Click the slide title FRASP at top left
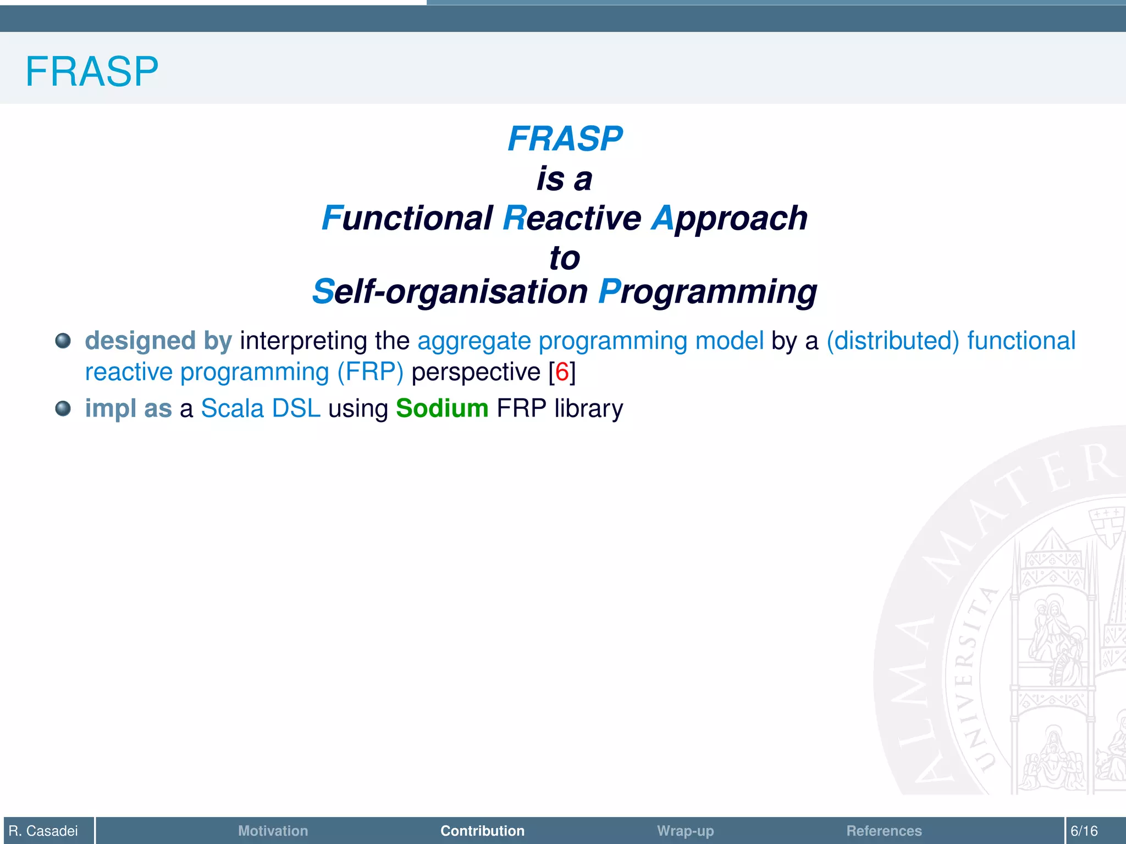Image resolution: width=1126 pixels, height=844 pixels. pos(92,71)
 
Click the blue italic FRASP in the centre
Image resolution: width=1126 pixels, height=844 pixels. pos(565,138)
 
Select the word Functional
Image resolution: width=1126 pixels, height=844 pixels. pos(407,218)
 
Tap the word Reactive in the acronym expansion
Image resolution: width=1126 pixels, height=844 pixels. pos(572,218)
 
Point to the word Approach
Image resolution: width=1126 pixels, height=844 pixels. pos(730,218)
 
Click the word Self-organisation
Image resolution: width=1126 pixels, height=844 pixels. pos(450,291)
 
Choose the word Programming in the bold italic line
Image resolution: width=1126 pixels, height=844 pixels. pos(708,291)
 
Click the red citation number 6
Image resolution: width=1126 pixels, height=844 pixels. pos(562,372)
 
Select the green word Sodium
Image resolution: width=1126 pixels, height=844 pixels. pos(442,408)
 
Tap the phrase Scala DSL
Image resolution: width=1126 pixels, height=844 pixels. pos(261,408)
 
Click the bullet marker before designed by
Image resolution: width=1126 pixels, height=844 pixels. pos(63,341)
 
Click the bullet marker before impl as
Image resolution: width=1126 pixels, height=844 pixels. pos(63,408)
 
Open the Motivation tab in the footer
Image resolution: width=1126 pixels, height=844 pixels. pos(273,831)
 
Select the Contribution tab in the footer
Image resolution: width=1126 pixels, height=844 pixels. pos(482,831)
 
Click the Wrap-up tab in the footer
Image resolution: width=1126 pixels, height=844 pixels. pos(685,831)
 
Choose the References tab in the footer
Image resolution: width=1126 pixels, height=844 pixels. pos(884,831)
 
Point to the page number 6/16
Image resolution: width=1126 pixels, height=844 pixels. pos(1084,831)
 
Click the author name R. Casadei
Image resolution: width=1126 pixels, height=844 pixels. pos(43,831)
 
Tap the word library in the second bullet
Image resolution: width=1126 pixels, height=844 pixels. pos(588,408)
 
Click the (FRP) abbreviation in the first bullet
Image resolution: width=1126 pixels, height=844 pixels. pos(370,372)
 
